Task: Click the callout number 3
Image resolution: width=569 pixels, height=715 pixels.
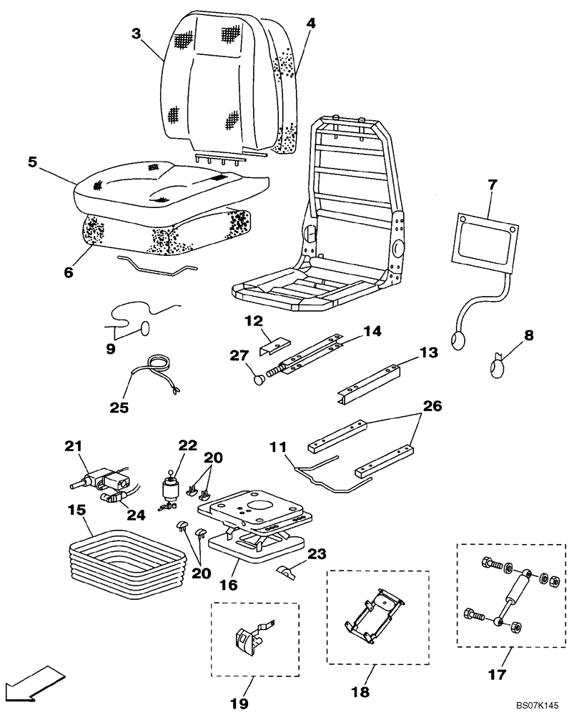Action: click(136, 33)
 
